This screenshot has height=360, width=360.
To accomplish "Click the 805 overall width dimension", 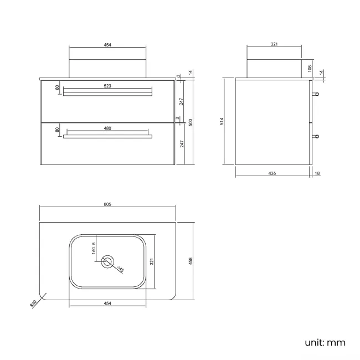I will pos(107,204).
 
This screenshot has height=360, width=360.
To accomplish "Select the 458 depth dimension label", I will pos(191,261).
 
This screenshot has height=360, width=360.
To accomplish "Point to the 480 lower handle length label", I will pos(107,128).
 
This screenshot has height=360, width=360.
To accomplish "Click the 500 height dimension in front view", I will pos(191,122).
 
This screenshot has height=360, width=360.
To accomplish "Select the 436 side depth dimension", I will pos(272,173).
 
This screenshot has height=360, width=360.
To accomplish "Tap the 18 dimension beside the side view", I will pos(317,173).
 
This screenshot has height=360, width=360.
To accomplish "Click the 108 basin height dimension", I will pos(311,69).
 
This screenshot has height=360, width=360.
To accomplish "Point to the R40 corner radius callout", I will pos(34,303).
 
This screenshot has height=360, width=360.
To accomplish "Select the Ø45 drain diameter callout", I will pos(121,270).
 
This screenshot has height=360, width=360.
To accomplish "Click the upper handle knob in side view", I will pos(316,94).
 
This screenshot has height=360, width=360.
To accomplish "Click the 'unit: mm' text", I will pos(325,342).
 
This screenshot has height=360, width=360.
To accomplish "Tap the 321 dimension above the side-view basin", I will pos(274,44).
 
